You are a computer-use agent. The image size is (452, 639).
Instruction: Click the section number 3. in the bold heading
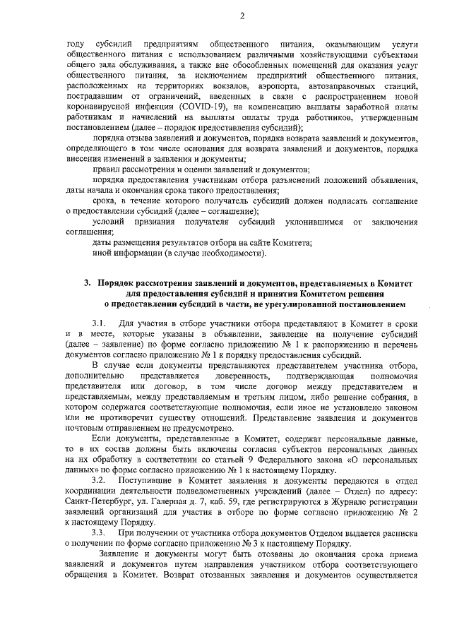point(87,283)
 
